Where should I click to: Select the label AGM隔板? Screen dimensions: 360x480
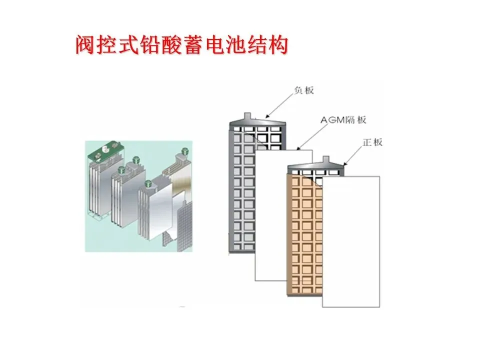(x=345, y=120)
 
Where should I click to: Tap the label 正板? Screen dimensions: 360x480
(x=372, y=142)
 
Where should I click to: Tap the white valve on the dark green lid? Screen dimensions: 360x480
(x=105, y=149)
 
